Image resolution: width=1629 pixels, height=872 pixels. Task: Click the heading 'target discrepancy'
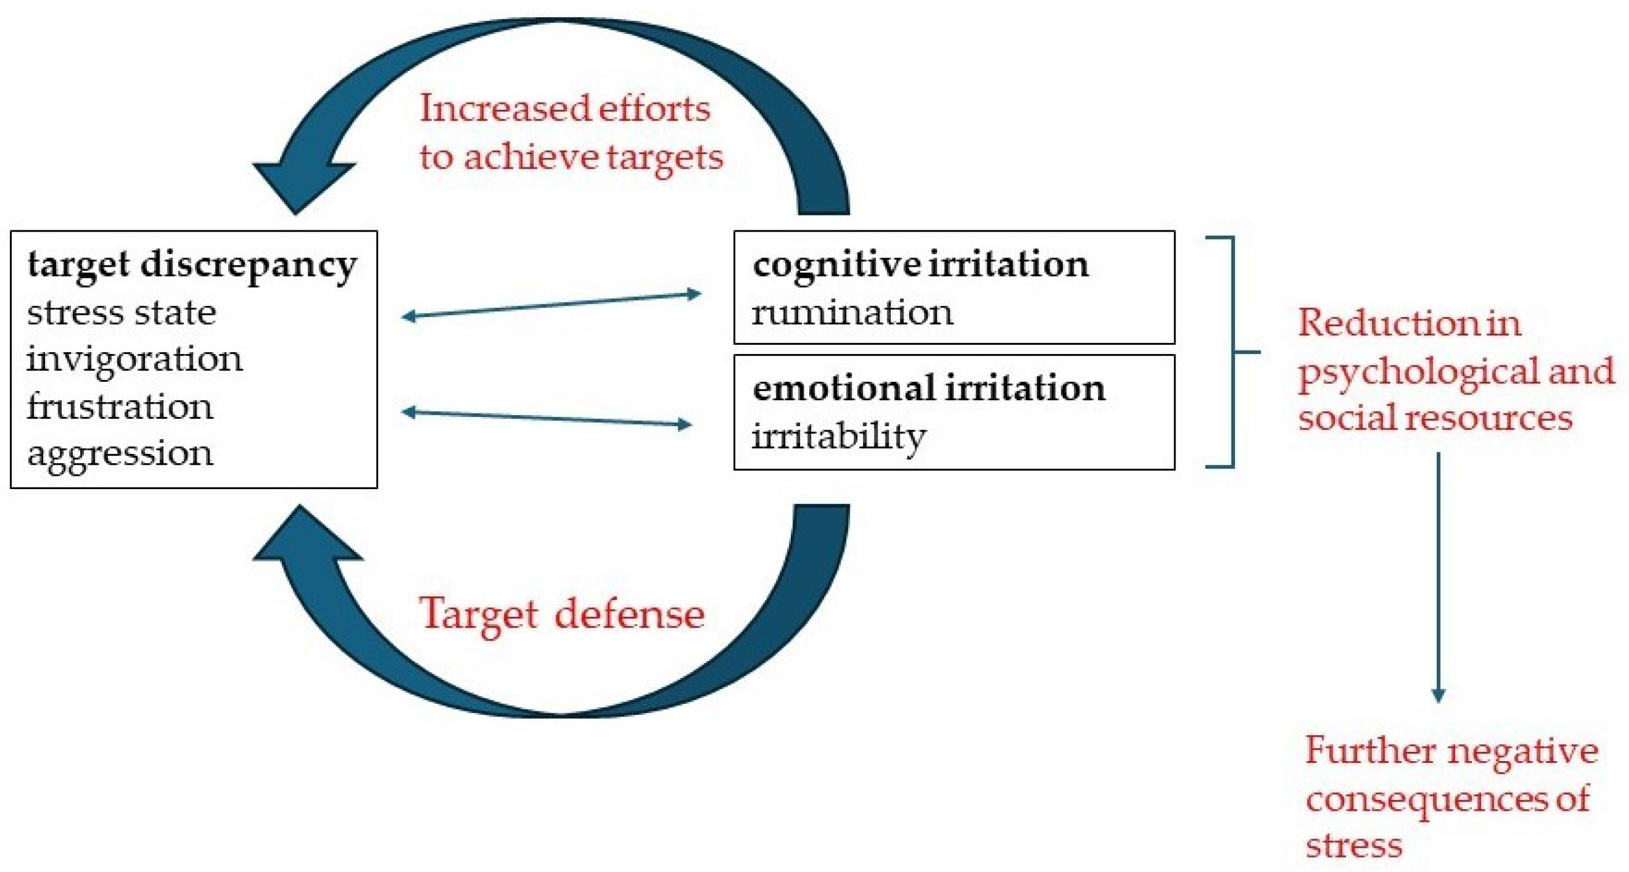click(192, 265)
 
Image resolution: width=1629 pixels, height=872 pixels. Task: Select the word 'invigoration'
click(134, 360)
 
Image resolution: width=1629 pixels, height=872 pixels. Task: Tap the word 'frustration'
click(120, 407)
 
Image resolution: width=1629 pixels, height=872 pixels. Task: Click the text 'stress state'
click(121, 313)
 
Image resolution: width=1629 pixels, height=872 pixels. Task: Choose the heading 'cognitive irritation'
click(920, 265)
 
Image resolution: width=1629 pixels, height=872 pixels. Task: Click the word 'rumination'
click(852, 313)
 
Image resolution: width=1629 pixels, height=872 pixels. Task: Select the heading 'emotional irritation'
click(928, 388)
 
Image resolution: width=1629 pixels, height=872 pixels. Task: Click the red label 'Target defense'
click(561, 614)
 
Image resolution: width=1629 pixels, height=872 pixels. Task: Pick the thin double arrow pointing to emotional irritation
click(548, 419)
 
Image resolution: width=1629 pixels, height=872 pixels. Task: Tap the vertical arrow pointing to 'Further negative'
click(1438, 575)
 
